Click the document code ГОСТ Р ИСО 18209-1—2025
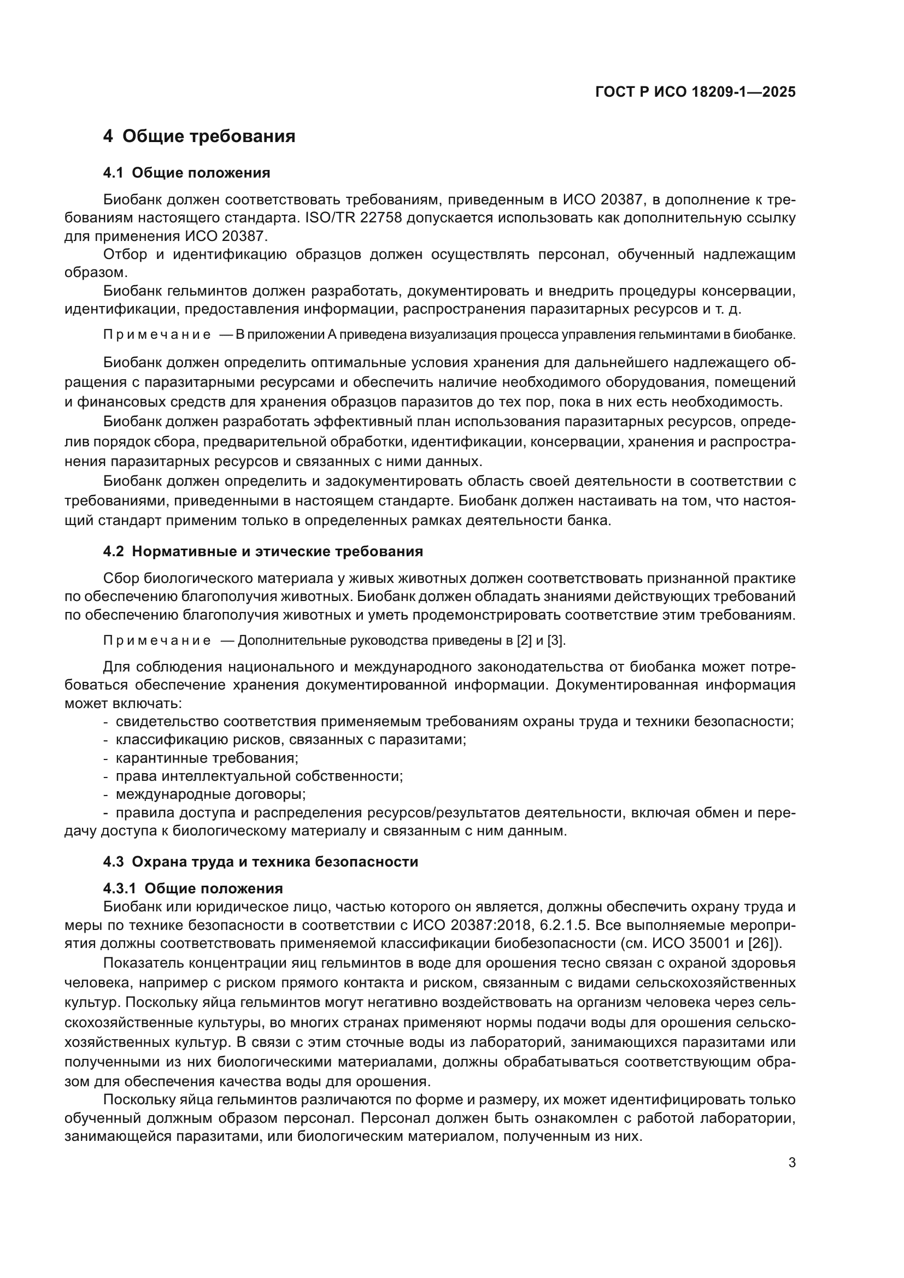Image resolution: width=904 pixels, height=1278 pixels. [695, 92]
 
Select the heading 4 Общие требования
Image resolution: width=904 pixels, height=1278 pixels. [199, 136]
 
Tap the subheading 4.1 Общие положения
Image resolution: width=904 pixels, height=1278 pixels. [186, 173]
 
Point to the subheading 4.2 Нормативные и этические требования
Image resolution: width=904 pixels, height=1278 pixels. [263, 551]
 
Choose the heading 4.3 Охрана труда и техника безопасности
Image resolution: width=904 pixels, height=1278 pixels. [261, 862]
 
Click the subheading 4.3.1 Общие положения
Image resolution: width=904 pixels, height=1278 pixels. [192, 888]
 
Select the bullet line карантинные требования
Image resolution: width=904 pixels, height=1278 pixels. [207, 758]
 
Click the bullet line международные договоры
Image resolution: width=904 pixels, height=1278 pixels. [210, 794]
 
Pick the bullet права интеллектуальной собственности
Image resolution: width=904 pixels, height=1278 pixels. [259, 776]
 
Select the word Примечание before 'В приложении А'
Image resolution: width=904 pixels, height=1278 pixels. [156, 335]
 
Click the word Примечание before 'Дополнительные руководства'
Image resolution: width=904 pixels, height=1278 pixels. [156, 641]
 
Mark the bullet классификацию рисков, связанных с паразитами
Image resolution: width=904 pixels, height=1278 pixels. [291, 740]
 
